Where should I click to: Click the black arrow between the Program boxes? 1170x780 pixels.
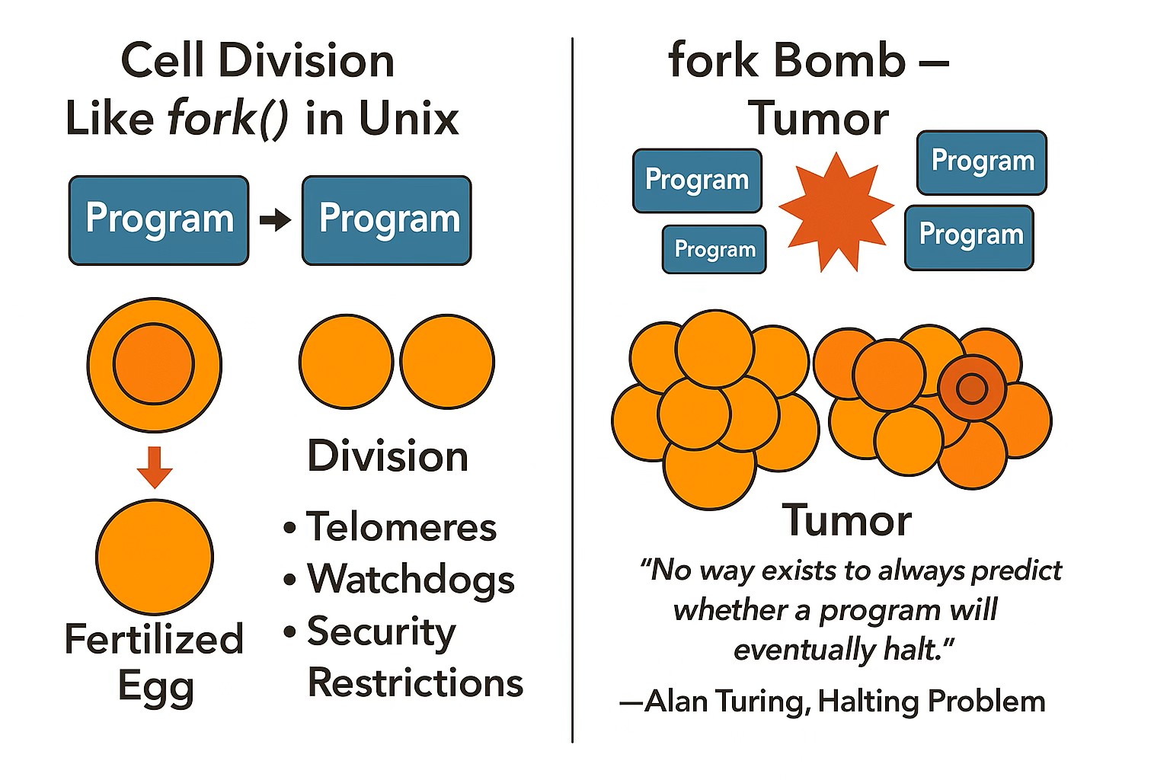point(275,220)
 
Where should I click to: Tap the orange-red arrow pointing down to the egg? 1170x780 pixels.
point(155,466)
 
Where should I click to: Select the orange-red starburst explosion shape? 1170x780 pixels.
point(836,213)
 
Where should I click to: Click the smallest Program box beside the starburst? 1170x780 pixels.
point(714,249)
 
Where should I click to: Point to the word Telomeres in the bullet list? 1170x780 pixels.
point(401,526)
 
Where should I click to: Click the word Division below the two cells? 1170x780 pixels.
point(388,456)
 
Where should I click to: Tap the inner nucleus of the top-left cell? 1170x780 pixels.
point(154,363)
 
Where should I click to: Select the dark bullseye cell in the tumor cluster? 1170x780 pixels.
point(971,388)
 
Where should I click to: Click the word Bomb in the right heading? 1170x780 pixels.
point(839,60)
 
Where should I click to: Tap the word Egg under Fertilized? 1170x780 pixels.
point(156,688)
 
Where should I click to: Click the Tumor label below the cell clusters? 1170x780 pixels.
point(847,520)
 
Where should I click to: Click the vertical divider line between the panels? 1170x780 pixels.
point(573,390)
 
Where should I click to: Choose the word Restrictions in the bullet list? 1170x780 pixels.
point(416,682)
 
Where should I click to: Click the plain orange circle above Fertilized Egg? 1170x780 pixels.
point(155,557)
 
